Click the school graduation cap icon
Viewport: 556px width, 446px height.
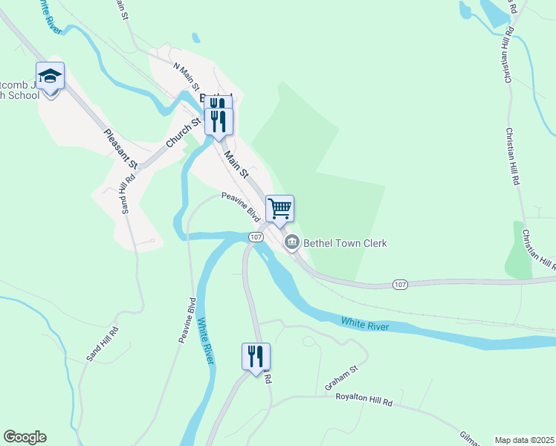coord(50,77)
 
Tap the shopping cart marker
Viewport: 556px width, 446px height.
coord(279,208)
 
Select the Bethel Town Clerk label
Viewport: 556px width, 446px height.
coord(345,243)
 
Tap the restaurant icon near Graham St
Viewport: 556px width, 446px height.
coord(256,356)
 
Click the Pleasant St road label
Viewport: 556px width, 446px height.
coord(122,149)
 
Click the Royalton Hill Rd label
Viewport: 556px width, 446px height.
coord(365,401)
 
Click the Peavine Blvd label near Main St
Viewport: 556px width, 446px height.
coord(240,207)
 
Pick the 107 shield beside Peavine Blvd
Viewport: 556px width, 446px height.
coord(256,236)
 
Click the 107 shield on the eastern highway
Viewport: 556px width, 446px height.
coord(400,285)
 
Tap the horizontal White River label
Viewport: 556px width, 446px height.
coord(366,323)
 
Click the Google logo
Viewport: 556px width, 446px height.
coord(25,437)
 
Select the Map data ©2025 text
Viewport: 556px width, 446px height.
coord(524,440)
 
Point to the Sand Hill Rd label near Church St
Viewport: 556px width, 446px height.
coord(125,193)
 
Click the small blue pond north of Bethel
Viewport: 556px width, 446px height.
coord(195,37)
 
